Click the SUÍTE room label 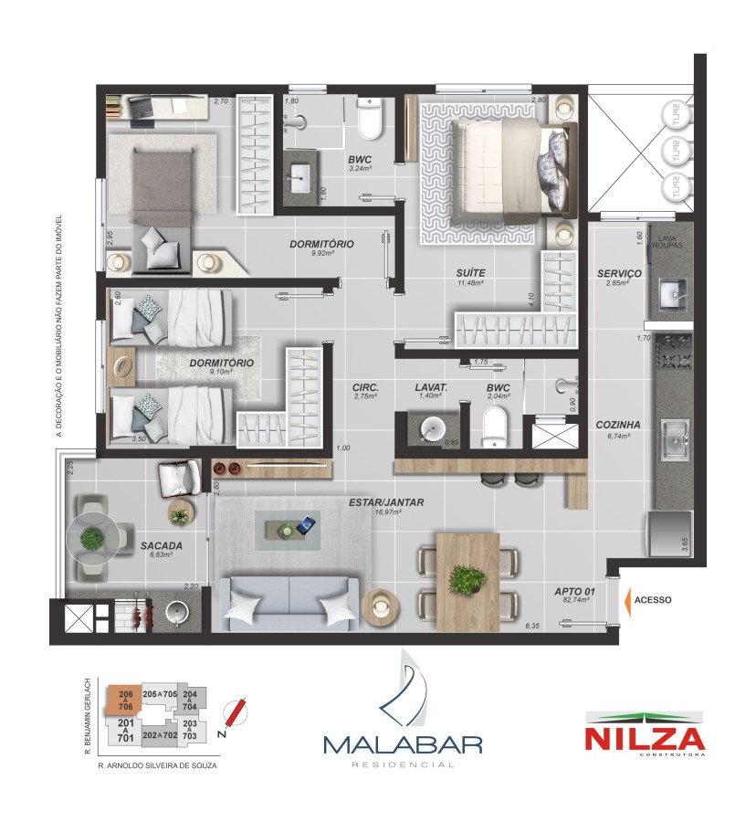(471, 272)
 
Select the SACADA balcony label (162, 546)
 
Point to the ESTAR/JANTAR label (386, 502)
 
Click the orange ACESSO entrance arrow (627, 600)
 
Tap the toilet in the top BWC (370, 121)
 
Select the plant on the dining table (468, 578)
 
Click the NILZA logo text (645, 738)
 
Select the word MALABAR (403, 743)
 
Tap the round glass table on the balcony (91, 539)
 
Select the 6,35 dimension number (532, 626)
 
